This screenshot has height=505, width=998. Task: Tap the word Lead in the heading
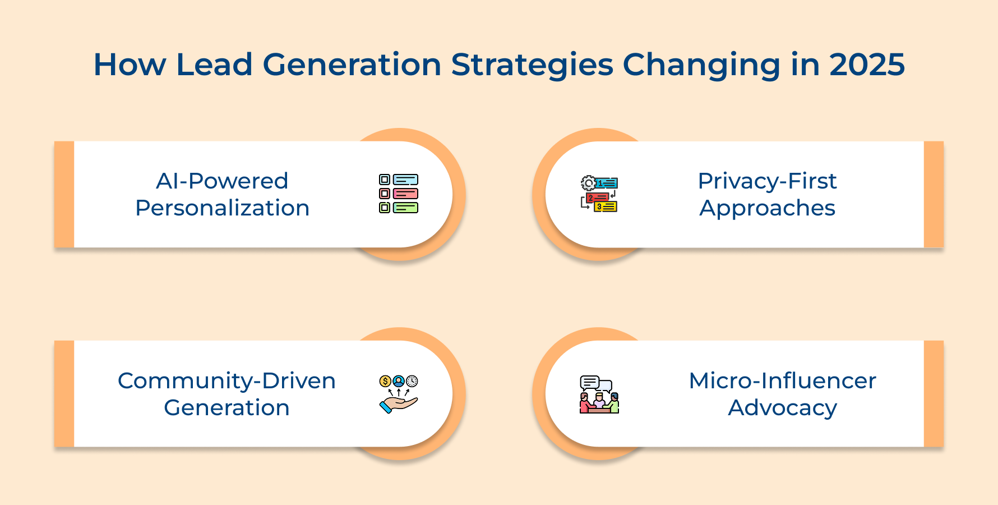(x=214, y=65)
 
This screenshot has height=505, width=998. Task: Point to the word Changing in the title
(x=701, y=65)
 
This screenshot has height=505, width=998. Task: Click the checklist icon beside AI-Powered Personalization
(x=399, y=194)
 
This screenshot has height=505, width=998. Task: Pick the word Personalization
(x=222, y=208)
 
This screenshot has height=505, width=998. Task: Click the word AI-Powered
(x=222, y=181)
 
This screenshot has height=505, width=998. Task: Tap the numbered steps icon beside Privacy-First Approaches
(x=599, y=194)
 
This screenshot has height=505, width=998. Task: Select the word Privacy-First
(x=767, y=181)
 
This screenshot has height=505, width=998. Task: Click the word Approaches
(x=767, y=208)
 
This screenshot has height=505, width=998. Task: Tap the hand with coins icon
(x=399, y=394)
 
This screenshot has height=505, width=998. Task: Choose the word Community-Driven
(x=227, y=381)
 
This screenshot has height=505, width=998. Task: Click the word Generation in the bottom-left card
(x=227, y=408)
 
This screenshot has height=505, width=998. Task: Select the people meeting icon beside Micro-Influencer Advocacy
(x=599, y=394)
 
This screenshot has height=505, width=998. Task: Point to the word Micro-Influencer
(x=782, y=381)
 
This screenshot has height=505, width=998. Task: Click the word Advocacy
(x=782, y=408)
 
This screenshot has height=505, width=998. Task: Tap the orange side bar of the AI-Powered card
(x=64, y=194)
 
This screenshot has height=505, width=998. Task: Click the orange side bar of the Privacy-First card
(x=934, y=194)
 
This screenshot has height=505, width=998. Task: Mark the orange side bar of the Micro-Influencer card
(x=934, y=393)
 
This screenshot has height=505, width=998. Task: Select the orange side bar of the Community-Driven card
(x=64, y=393)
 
